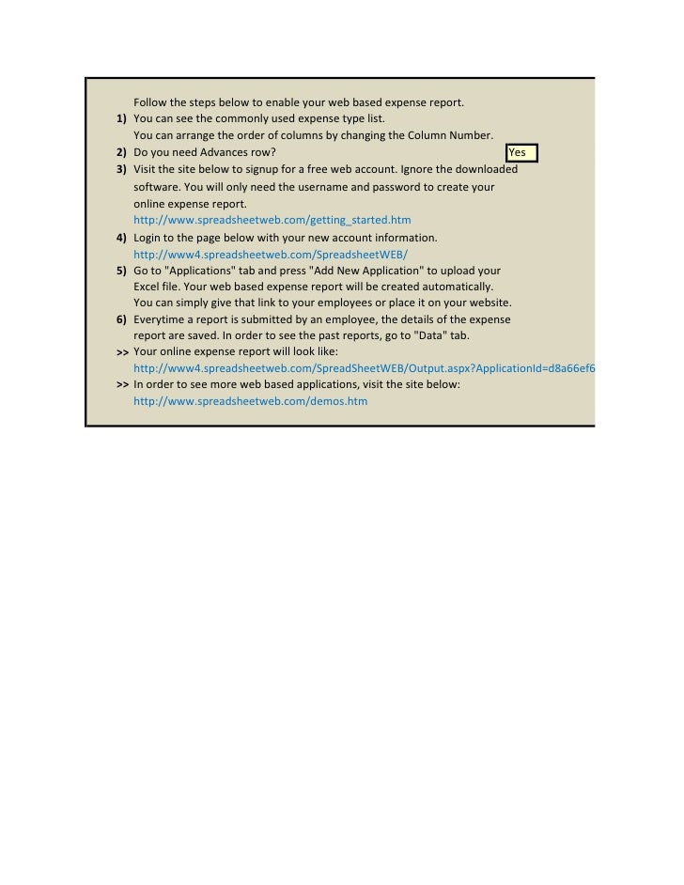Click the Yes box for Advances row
(521, 152)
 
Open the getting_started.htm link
(272, 220)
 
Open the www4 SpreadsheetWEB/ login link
(271, 255)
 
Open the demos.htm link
(251, 401)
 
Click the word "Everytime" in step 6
(161, 320)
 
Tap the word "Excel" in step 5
(148, 286)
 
